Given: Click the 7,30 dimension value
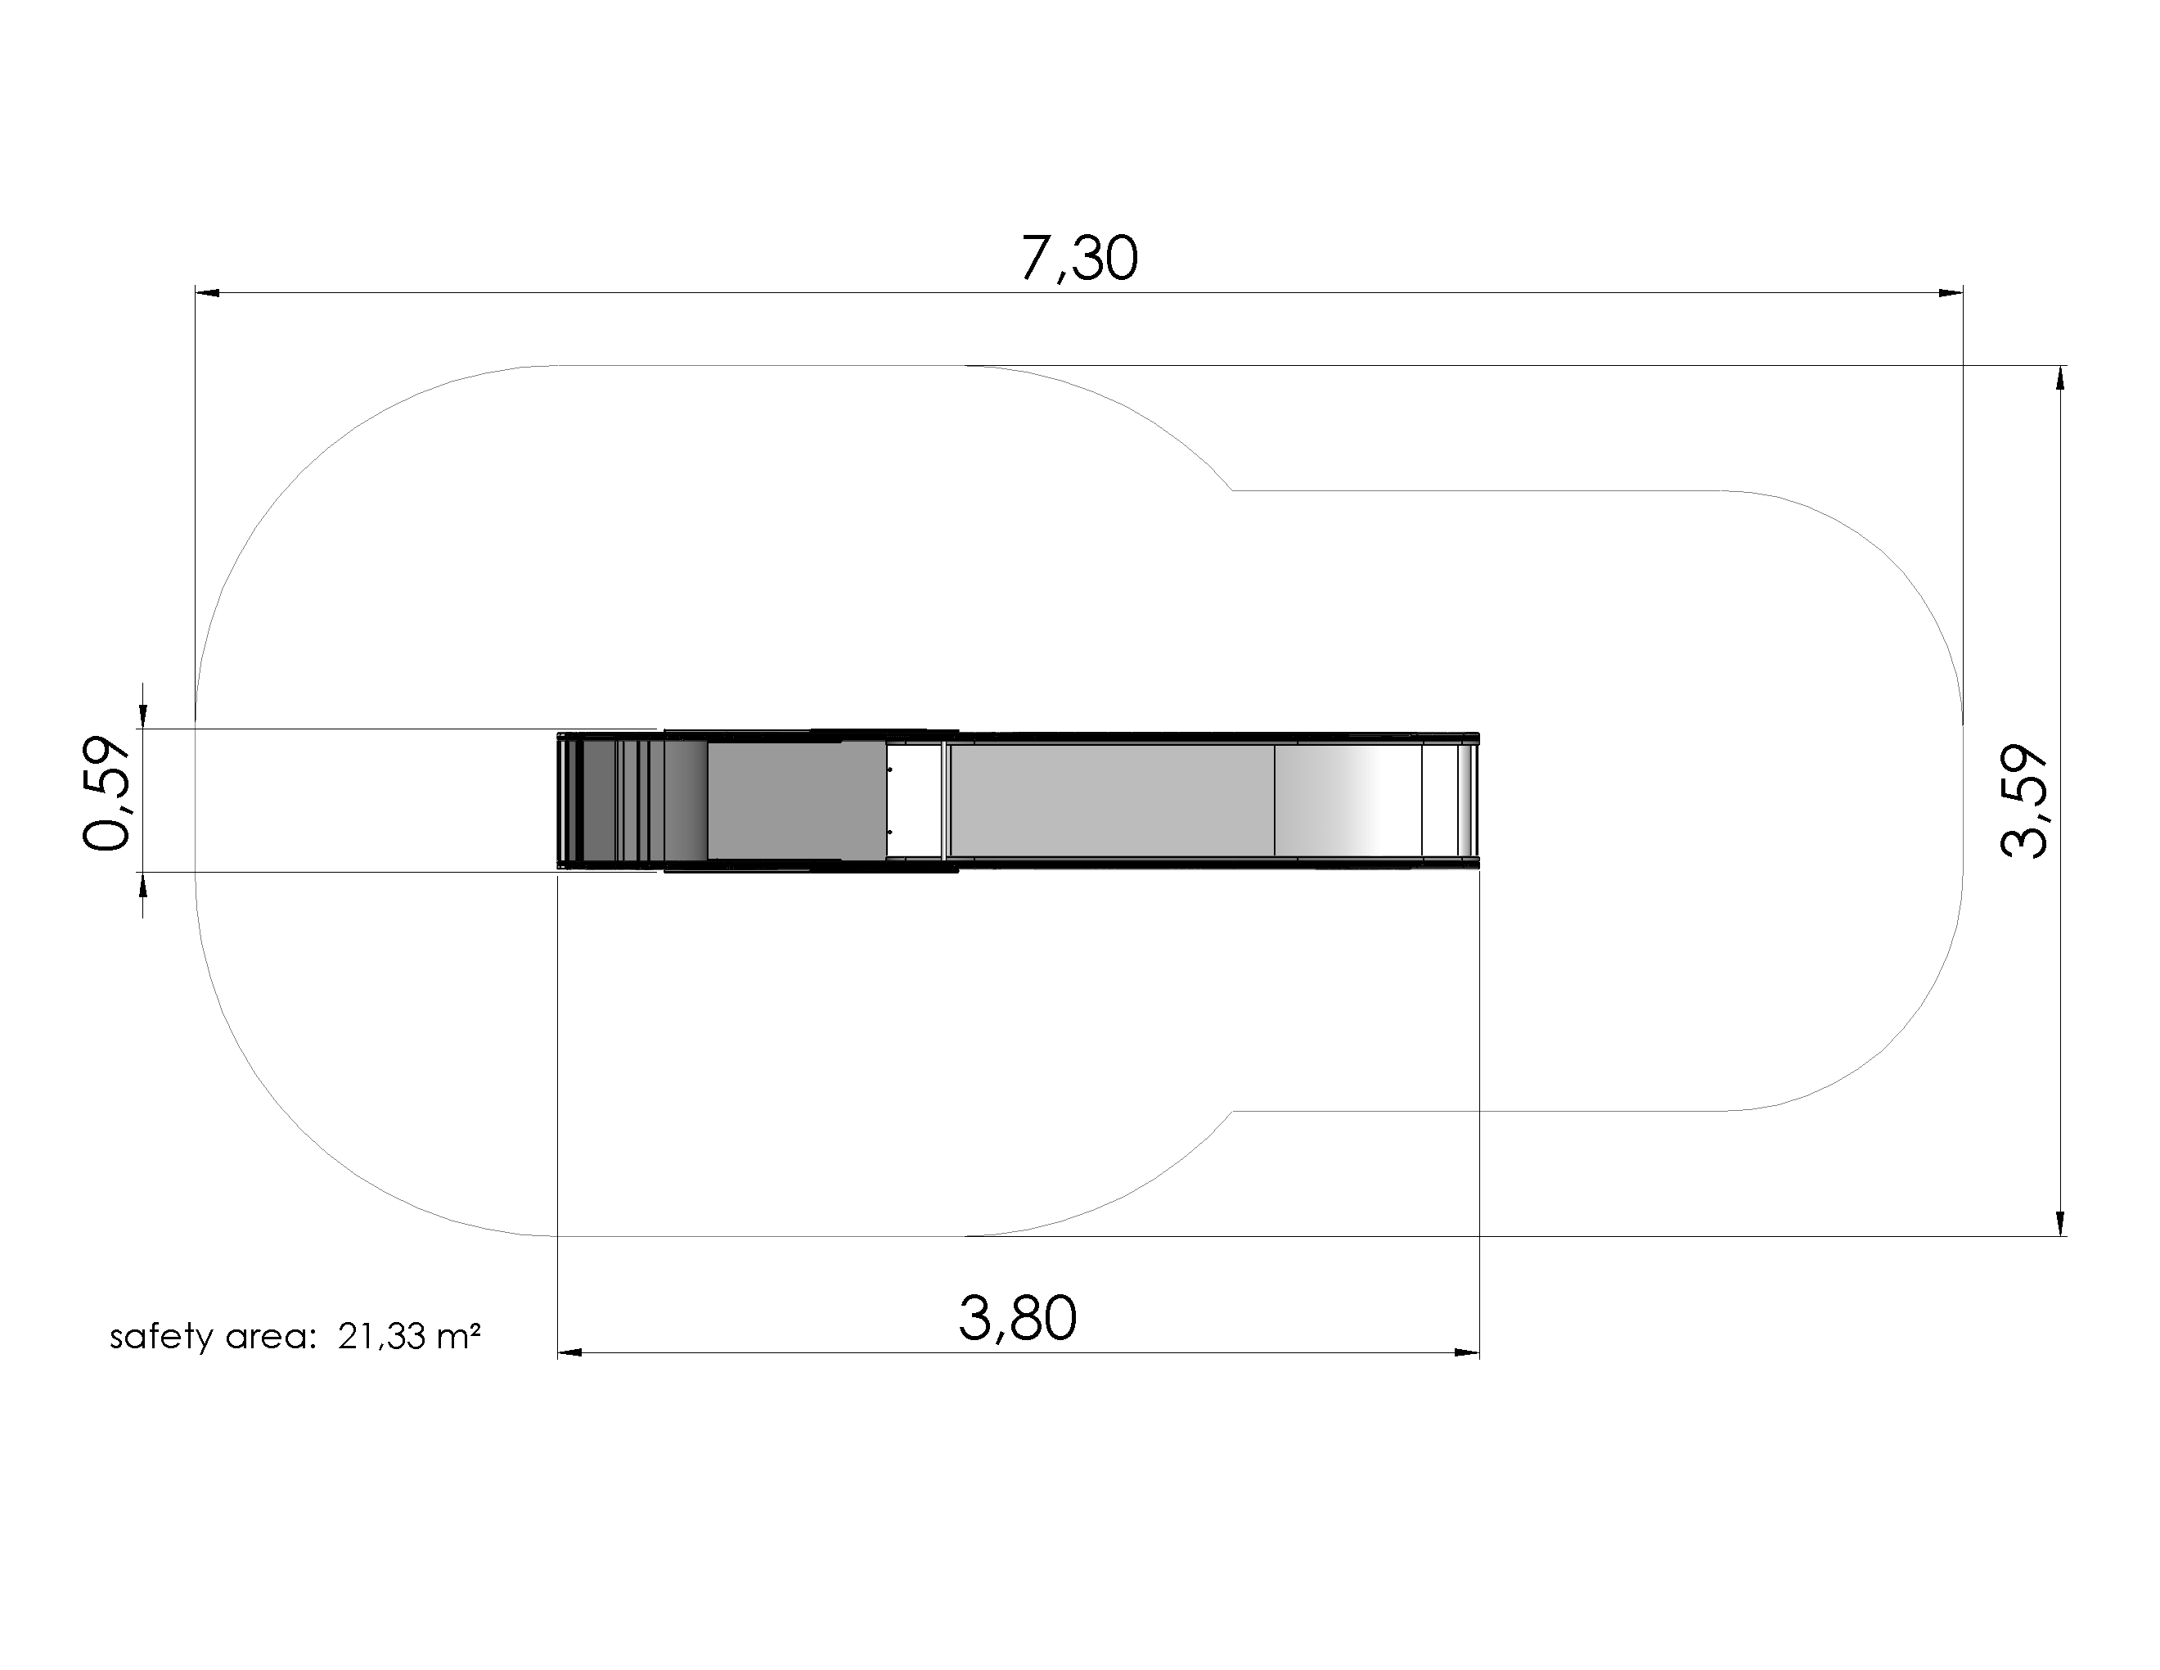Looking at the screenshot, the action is (1079, 260).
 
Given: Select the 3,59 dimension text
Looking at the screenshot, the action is (2023, 801).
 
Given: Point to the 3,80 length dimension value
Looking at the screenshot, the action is (1018, 1319).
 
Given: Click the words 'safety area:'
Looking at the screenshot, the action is (212, 1338).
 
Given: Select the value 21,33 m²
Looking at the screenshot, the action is (409, 1337).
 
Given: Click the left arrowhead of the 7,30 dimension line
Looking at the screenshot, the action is (207, 293).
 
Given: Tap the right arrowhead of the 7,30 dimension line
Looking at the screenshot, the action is (1951, 293).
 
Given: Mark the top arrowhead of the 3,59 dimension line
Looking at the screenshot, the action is (2061, 378).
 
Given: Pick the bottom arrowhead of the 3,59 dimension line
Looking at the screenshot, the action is (2061, 1224).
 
